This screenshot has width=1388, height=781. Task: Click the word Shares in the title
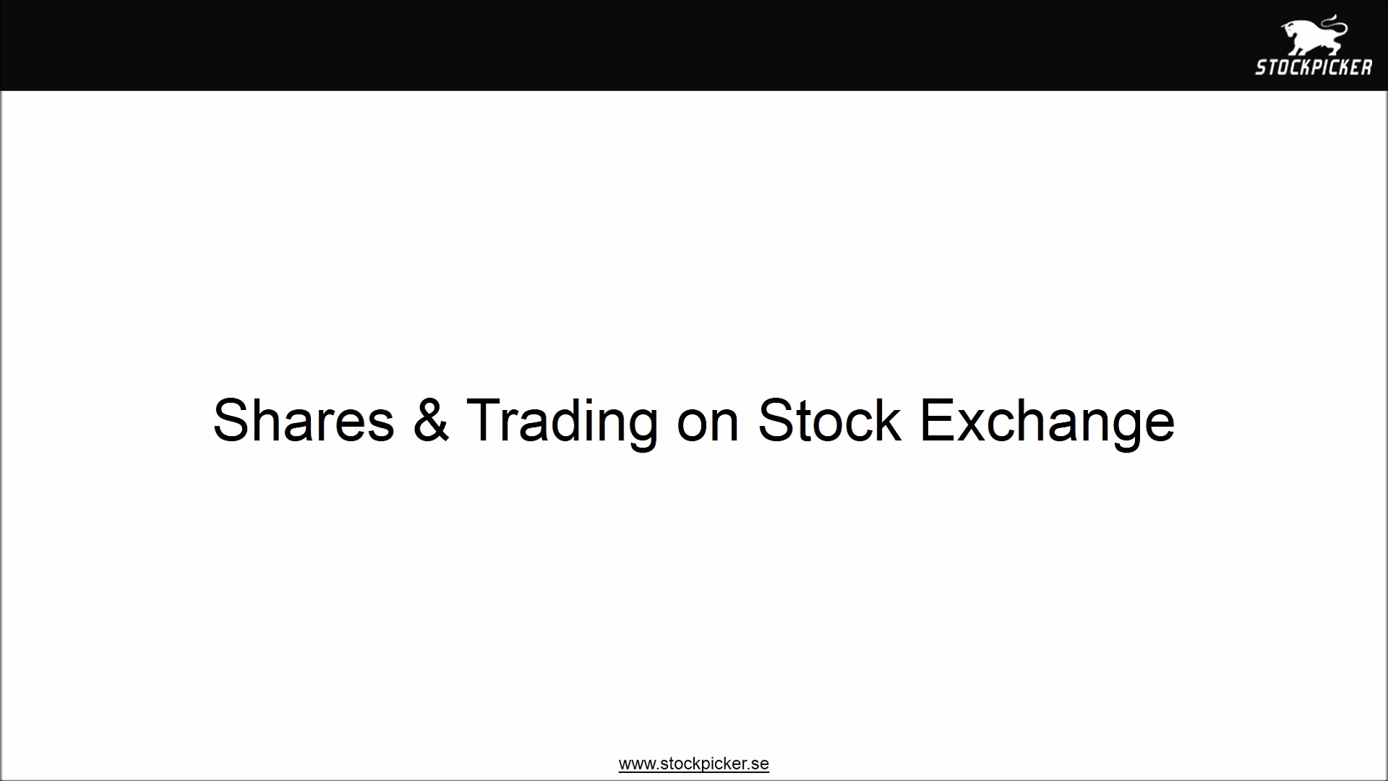coord(304,420)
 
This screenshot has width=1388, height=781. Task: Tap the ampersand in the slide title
coord(431,420)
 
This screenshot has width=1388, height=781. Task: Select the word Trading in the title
coord(562,422)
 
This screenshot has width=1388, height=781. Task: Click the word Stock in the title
coord(829,420)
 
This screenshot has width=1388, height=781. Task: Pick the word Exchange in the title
coord(1047,422)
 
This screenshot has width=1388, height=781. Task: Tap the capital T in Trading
coord(484,420)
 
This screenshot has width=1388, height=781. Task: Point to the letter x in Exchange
coord(972,427)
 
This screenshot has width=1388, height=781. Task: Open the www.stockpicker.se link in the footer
coord(693,764)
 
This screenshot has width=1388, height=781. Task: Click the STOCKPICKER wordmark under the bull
coord(1313,68)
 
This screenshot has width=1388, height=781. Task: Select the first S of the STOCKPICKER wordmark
coord(1260,68)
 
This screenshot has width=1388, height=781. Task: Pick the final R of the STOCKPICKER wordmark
coord(1366,68)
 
